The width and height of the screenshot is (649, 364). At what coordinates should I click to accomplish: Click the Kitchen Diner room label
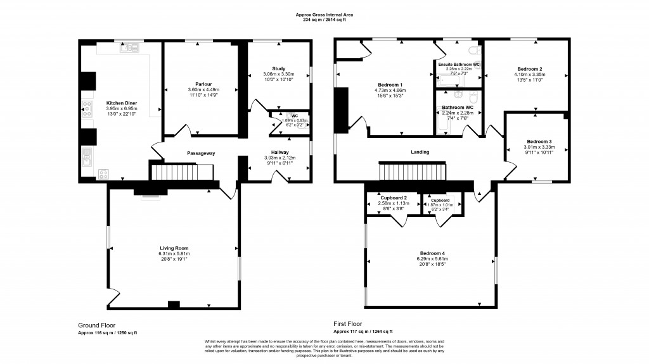click(122, 103)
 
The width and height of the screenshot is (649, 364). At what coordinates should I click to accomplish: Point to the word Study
click(279, 68)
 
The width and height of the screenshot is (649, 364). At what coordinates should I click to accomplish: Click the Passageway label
click(200, 153)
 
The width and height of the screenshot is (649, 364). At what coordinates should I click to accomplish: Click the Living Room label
click(173, 248)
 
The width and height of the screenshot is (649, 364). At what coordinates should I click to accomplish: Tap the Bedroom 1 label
click(390, 85)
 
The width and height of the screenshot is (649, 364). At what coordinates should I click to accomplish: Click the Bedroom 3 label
click(539, 141)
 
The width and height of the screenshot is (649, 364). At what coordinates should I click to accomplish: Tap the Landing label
click(420, 152)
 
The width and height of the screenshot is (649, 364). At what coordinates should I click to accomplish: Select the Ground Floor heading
click(96, 325)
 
